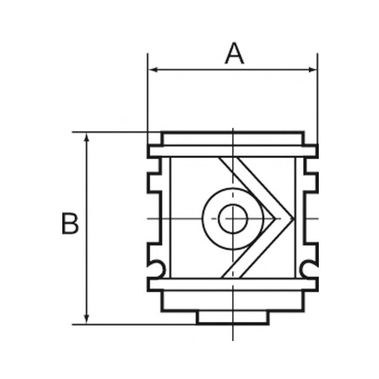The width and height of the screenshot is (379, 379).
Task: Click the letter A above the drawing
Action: coord(234,54)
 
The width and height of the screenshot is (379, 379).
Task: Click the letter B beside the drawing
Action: coord(70,224)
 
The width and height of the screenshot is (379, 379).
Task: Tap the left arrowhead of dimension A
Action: coord(153,69)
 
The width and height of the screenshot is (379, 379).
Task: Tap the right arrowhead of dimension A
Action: coord(313,69)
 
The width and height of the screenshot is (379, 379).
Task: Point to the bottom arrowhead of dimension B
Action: coord(86,319)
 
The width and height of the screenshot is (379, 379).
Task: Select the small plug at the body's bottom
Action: coord(233,318)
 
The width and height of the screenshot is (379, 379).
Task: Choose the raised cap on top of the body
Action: coord(233,138)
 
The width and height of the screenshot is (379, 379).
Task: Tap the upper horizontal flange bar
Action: coord(233,152)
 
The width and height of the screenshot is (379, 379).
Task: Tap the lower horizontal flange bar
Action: coord(233,284)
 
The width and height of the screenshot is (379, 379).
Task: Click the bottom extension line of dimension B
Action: coord(135,324)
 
